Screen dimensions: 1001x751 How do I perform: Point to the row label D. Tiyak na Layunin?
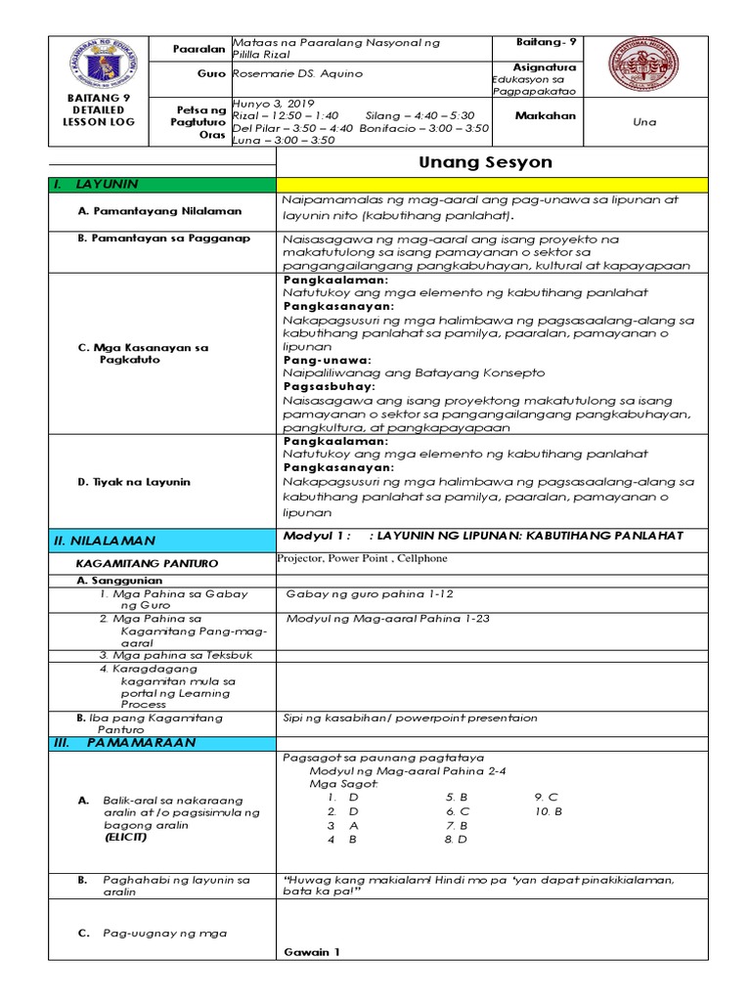[x=133, y=482]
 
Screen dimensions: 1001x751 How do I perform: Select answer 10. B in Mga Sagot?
[x=549, y=811]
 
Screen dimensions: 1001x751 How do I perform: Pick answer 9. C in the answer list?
[x=546, y=797]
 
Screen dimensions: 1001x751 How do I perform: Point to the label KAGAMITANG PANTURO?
[x=147, y=563]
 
